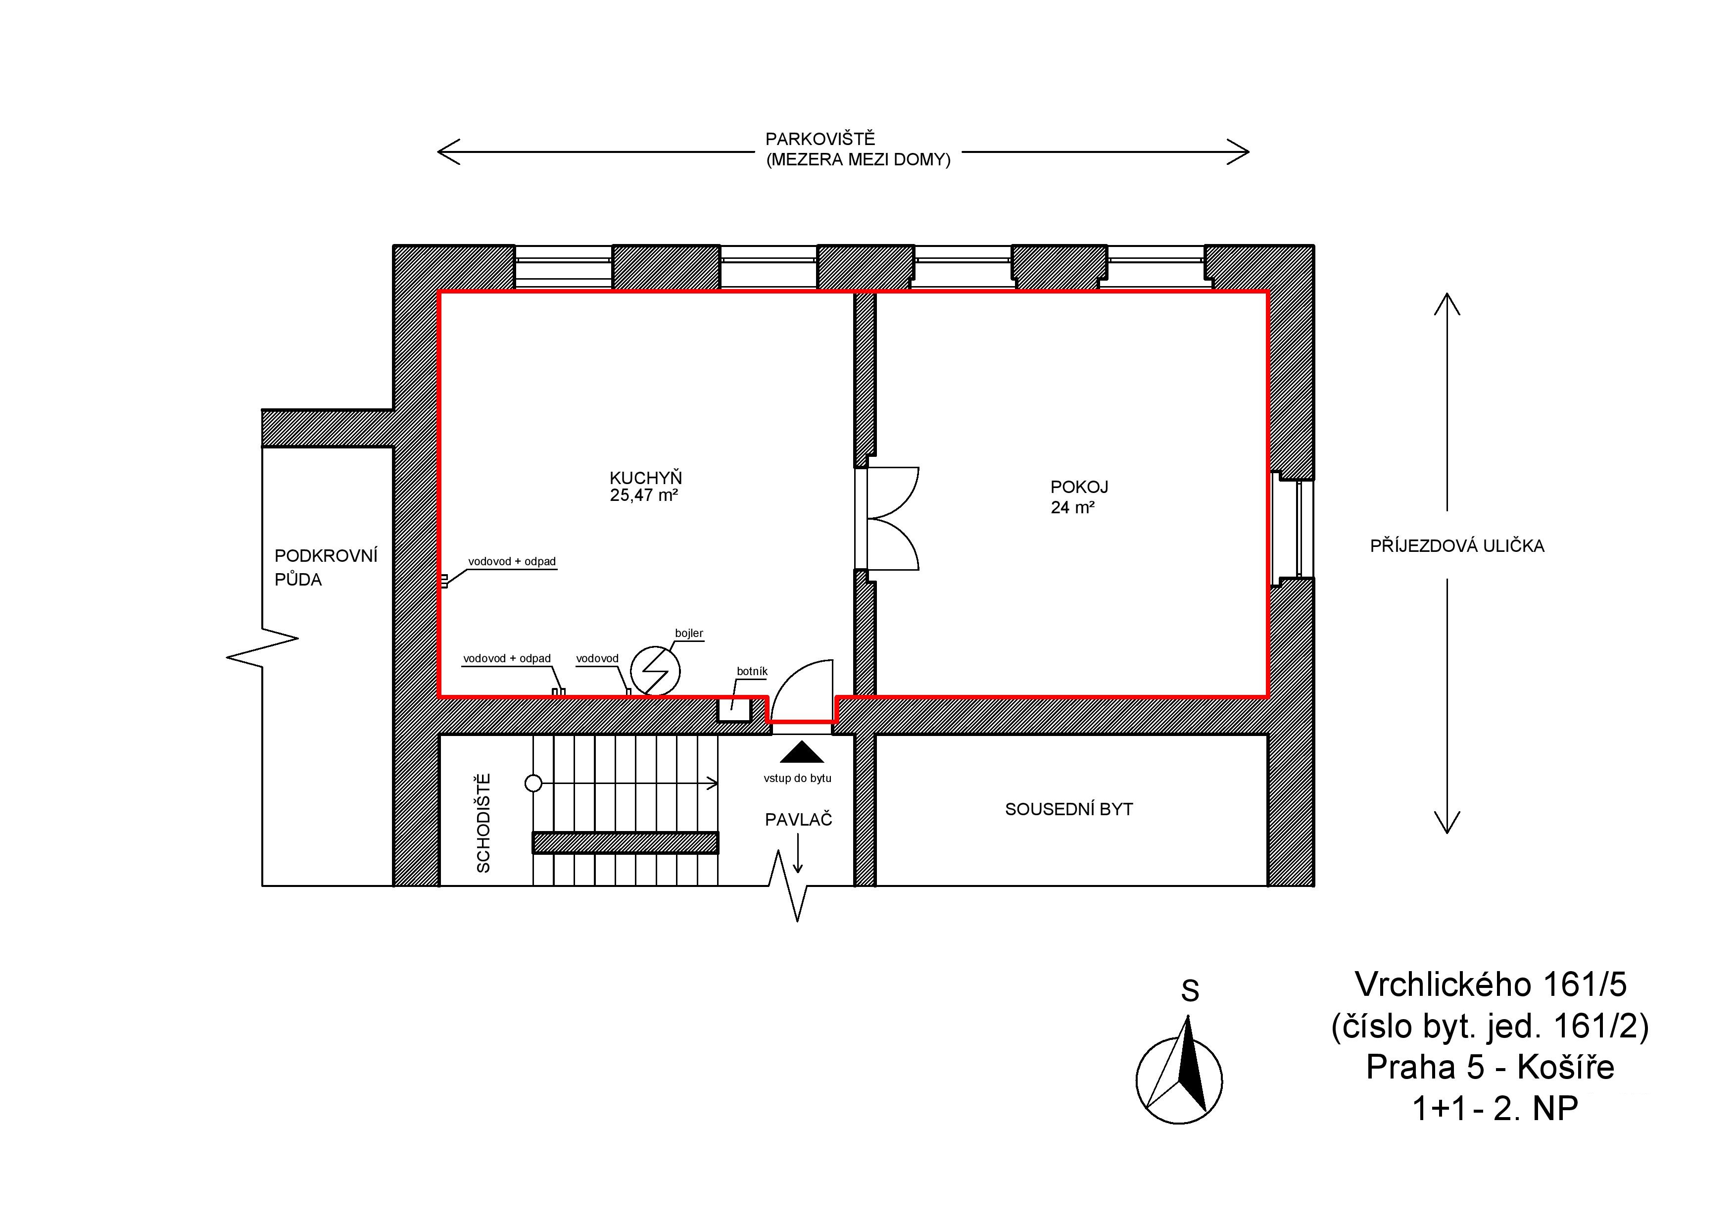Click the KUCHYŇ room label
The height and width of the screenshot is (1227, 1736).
tap(646, 477)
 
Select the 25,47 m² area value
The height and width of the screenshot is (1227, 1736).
tap(643, 495)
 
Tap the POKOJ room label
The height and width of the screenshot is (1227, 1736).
tap(1079, 487)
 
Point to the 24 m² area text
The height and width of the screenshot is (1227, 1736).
tap(1072, 507)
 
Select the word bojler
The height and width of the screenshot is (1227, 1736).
tap(689, 634)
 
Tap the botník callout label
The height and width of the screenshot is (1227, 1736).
tap(752, 671)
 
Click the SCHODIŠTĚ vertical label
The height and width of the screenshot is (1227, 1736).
tap(483, 823)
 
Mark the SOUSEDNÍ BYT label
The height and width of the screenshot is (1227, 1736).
tap(1068, 809)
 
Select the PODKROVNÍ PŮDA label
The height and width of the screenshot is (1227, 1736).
tap(325, 567)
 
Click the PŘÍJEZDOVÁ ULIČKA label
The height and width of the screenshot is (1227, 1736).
tap(1457, 546)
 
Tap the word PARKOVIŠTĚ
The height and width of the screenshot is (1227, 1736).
tap(820, 139)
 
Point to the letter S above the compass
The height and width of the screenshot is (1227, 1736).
tap(1190, 990)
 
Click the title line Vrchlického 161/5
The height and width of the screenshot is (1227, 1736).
tap(1490, 984)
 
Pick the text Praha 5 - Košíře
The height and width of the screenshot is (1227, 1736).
tap(1490, 1067)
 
